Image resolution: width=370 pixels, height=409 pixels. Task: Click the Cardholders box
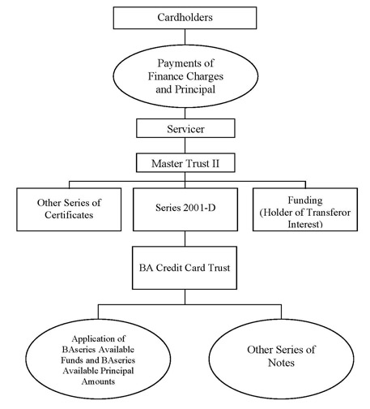pos(185,18)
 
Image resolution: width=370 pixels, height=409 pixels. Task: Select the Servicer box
pos(185,128)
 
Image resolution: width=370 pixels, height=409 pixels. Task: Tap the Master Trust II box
pos(185,163)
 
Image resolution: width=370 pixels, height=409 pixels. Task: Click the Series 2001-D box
pos(185,209)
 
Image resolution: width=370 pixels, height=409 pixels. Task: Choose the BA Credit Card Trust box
pos(185,268)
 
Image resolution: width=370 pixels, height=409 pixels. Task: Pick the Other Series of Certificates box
pos(69,209)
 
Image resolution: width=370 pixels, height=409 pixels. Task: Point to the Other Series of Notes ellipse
pos(281,359)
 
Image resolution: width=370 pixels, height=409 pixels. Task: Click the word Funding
pos(305,200)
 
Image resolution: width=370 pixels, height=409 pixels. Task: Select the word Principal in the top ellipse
pos(195,89)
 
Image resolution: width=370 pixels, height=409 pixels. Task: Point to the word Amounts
pos(98,381)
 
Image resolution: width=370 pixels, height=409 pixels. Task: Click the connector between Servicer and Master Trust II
pos(185,145)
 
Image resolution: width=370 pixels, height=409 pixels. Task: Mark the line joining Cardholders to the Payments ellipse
pos(185,37)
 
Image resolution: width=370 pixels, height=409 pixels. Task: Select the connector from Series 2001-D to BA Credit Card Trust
pos(185,239)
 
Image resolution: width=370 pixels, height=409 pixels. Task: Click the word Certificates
pos(69,215)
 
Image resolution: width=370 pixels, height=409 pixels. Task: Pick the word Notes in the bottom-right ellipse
pos(281,363)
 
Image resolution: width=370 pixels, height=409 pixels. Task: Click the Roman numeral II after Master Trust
pos(215,164)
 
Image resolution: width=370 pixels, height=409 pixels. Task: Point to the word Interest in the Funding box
pos(305,225)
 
